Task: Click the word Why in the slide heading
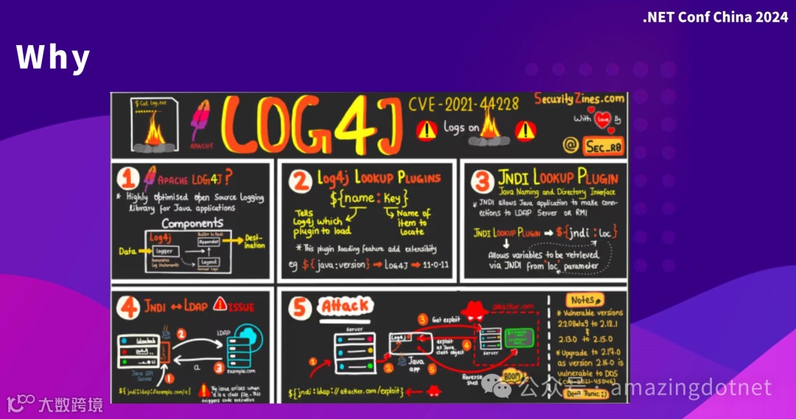click(53, 58)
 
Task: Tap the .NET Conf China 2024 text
click(715, 17)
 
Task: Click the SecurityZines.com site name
click(579, 98)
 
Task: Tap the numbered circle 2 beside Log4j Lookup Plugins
click(299, 179)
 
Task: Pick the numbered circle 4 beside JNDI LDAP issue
click(129, 304)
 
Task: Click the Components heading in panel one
click(192, 223)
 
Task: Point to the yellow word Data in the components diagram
click(127, 252)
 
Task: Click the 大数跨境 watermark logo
click(55, 404)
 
